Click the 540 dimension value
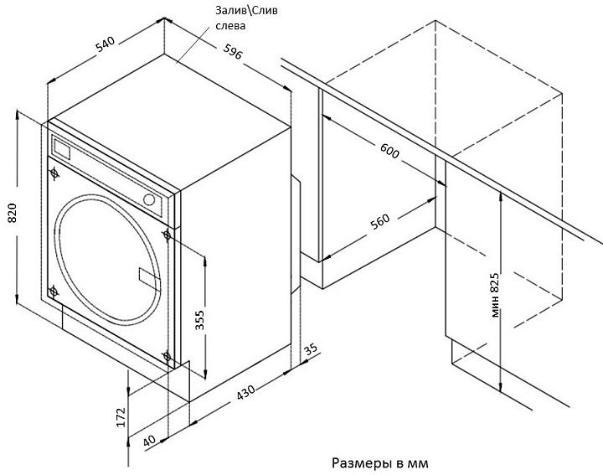click(x=106, y=44)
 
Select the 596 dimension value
click(x=233, y=52)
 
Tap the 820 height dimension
click(x=12, y=213)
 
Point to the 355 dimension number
click(x=200, y=320)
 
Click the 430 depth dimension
click(x=245, y=392)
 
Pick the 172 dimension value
click(x=121, y=417)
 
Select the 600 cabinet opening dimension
click(x=389, y=151)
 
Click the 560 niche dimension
click(x=380, y=221)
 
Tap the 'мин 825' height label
click(x=495, y=295)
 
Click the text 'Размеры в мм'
click(x=380, y=462)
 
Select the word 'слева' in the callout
click(x=230, y=26)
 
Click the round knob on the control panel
click(x=149, y=199)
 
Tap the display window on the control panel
click(x=61, y=148)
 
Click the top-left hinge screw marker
click(x=54, y=173)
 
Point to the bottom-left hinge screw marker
click(x=54, y=292)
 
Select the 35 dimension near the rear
click(x=311, y=349)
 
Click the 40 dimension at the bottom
click(x=149, y=441)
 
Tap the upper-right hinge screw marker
click(x=167, y=235)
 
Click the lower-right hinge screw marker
click(x=167, y=356)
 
